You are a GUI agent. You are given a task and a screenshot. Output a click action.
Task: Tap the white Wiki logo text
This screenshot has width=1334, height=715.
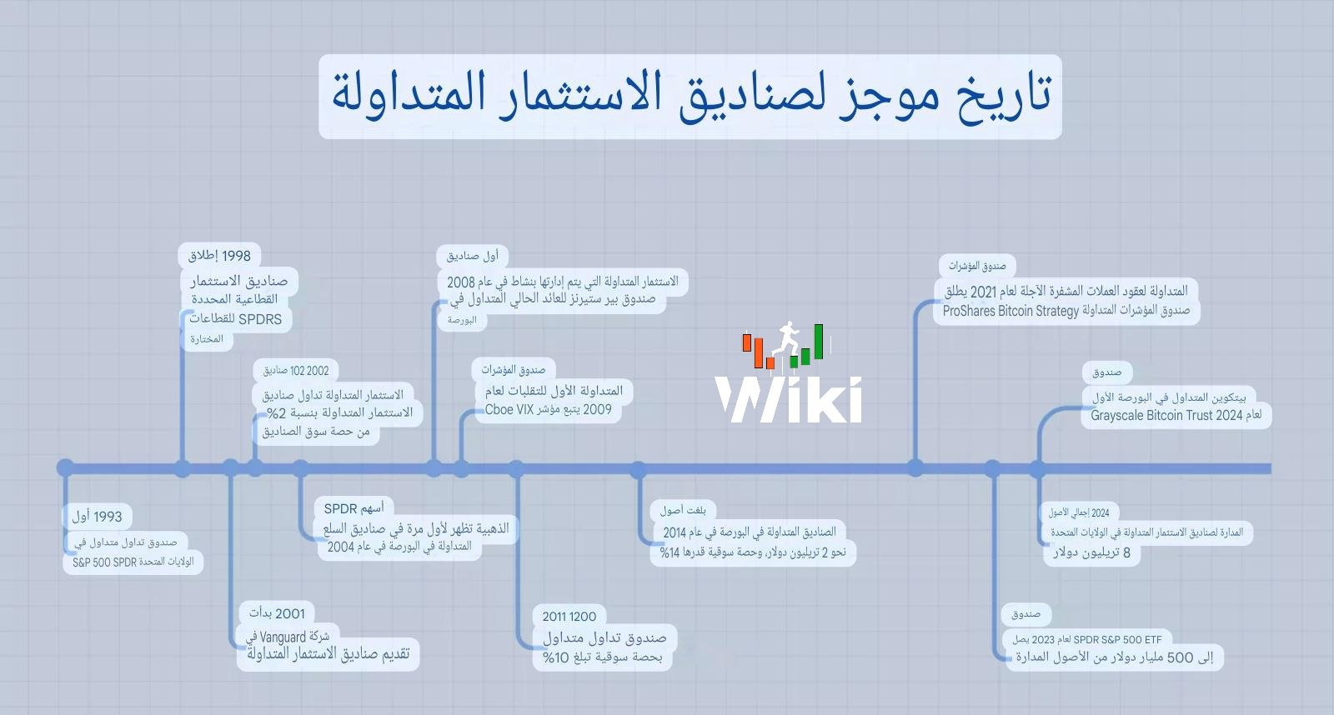pos(789,400)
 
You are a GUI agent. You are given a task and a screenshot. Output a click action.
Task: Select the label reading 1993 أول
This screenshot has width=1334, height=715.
pos(97,516)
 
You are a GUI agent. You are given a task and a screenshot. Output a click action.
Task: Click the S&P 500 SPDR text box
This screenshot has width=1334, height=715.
pos(133,562)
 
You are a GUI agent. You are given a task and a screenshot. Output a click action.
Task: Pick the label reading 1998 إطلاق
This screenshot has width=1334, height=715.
pos(219,256)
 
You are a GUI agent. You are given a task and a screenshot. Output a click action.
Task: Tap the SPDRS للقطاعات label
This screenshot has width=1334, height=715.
pos(236,319)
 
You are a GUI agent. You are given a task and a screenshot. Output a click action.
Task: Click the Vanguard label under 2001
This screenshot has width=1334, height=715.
pos(288,637)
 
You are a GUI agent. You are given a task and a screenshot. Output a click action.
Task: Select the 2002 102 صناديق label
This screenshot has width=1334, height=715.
pos(296,371)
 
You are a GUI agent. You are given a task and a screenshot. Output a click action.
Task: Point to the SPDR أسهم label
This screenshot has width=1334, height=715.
pos(354,508)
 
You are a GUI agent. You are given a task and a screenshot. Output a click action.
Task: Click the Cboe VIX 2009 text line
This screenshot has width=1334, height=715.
pos(548,410)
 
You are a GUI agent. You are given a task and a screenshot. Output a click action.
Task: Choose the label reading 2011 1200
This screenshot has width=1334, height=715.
pos(569,616)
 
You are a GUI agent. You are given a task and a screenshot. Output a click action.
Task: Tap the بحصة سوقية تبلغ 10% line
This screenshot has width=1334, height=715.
pos(602,657)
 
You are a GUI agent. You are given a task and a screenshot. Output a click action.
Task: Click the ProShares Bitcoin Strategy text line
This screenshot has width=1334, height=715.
pos(1066,311)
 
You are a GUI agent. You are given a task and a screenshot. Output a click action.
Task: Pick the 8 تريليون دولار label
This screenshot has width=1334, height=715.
pos(1091,553)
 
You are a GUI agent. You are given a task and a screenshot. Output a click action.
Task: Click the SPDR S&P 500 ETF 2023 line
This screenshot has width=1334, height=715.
pos(1087,640)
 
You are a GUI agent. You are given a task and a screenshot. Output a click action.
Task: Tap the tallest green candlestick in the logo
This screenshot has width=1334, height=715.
pos(819,342)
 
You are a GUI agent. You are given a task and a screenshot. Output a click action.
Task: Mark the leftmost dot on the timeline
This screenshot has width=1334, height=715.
pos(66,468)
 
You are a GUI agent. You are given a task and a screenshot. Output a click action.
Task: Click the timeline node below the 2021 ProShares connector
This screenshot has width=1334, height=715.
pos(915,468)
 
